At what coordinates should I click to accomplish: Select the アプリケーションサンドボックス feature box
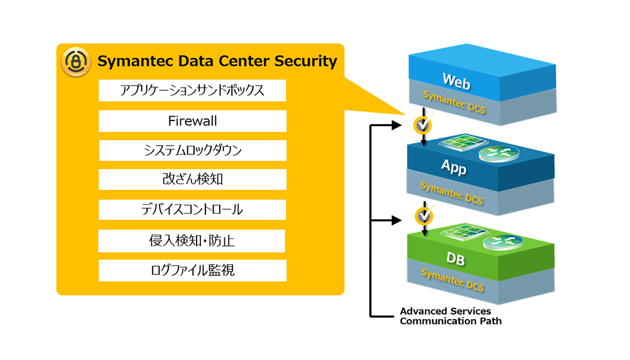tap(192, 91)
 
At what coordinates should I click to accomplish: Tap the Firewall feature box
tap(192, 120)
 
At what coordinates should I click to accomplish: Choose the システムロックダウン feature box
tap(192, 150)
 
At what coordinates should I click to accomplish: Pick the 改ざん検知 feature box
tap(192, 180)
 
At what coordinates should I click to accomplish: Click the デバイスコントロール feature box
tap(192, 209)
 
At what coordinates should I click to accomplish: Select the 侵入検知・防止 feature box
tap(192, 240)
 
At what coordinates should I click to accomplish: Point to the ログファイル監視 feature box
tap(192, 270)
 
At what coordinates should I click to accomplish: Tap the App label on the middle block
tap(453, 168)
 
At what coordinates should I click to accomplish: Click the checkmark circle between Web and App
tap(423, 125)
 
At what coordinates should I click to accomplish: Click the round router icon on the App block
tap(498, 153)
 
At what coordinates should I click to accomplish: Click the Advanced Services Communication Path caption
tap(450, 316)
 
